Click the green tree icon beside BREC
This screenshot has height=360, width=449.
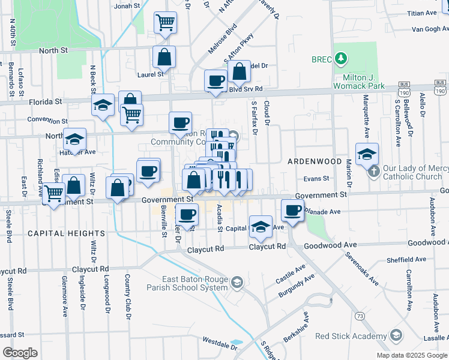click(x=341, y=58)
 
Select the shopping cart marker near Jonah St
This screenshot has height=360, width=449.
click(x=165, y=23)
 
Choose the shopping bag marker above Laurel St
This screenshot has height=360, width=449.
click(x=164, y=57)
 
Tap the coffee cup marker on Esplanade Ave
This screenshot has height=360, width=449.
click(x=292, y=211)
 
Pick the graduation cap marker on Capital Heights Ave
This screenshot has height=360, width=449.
click(x=260, y=226)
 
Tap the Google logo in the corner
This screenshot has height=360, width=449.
click(x=20, y=353)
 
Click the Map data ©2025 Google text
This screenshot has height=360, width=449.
click(x=412, y=355)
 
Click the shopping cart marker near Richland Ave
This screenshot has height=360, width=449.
click(x=53, y=193)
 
